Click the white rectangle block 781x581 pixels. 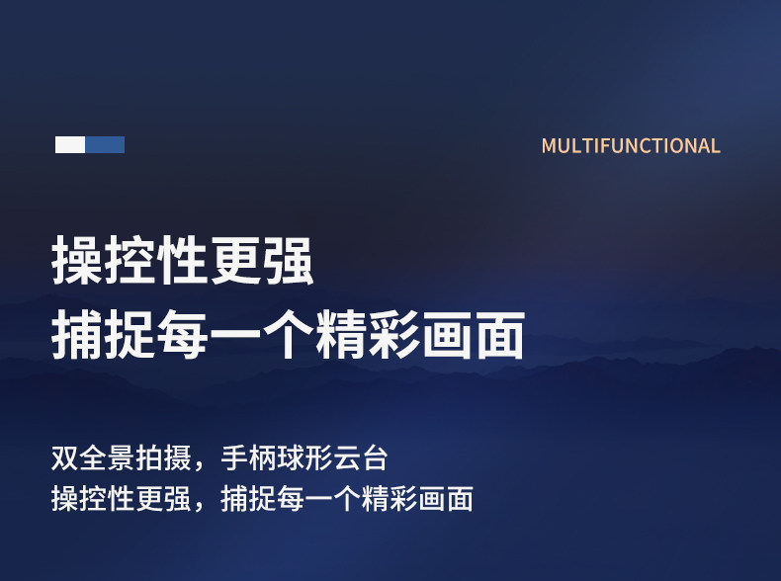70,145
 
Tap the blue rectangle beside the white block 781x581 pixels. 105,145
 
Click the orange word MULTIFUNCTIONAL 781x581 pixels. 631,146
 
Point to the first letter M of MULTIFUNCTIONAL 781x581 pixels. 549,146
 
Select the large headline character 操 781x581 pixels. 77,260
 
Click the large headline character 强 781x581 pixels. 289,260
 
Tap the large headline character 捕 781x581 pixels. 77,334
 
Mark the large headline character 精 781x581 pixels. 341,334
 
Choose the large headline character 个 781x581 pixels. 289,334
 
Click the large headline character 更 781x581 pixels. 235,260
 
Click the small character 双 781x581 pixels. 64,458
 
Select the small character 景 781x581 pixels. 121,458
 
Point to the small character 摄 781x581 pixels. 178,458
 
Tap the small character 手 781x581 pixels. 234,458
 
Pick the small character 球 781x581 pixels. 291,458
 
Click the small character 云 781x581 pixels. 347,458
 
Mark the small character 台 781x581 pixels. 375,458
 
